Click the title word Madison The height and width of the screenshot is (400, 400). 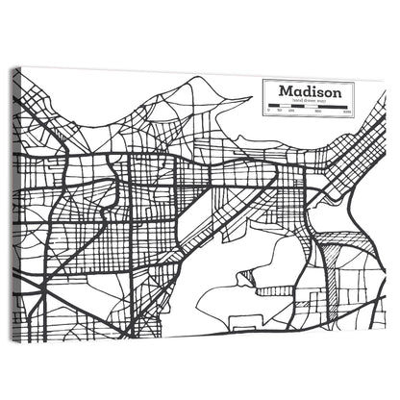tap(308, 91)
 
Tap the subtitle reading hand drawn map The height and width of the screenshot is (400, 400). tap(309, 102)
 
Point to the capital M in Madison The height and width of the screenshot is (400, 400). tap(285, 91)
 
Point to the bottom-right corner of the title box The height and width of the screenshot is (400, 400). tap(353, 116)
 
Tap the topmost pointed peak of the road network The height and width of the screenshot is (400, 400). tap(191, 77)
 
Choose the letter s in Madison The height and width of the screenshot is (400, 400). tap(318, 92)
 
